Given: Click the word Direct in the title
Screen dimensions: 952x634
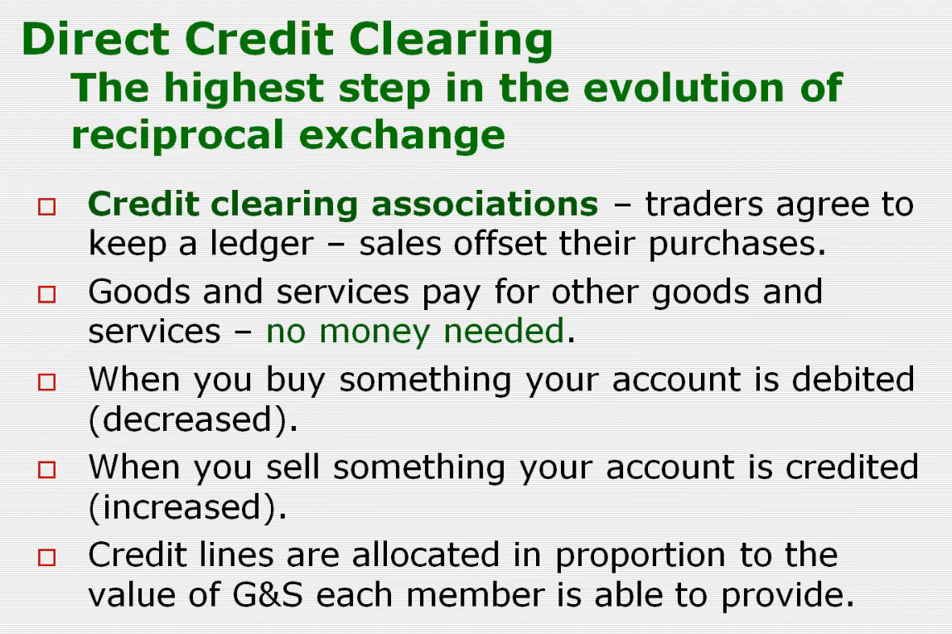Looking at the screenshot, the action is (x=95, y=39).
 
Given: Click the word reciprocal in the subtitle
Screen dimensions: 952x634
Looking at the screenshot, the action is (x=177, y=136).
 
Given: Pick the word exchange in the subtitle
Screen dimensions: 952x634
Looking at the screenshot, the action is (x=402, y=135).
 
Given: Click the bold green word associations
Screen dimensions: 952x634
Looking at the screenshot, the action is (x=485, y=203).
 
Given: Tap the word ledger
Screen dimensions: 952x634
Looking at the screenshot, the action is (x=262, y=244).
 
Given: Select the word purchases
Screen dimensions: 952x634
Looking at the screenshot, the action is (x=737, y=244).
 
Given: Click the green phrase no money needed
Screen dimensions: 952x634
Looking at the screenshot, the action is (x=415, y=332).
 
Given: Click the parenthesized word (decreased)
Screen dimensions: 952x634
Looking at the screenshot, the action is (x=193, y=419).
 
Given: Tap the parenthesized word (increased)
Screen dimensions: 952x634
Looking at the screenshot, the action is (x=187, y=507).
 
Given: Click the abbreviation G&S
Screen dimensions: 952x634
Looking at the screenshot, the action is (x=267, y=594).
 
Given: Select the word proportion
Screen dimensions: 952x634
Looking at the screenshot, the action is (x=640, y=555).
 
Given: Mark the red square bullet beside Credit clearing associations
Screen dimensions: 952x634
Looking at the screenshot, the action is (x=46, y=207).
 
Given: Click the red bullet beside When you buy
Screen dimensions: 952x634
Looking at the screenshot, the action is (x=46, y=382).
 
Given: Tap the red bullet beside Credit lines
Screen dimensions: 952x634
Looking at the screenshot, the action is (x=46, y=558).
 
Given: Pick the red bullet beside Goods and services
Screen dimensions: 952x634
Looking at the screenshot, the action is (x=46, y=294).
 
